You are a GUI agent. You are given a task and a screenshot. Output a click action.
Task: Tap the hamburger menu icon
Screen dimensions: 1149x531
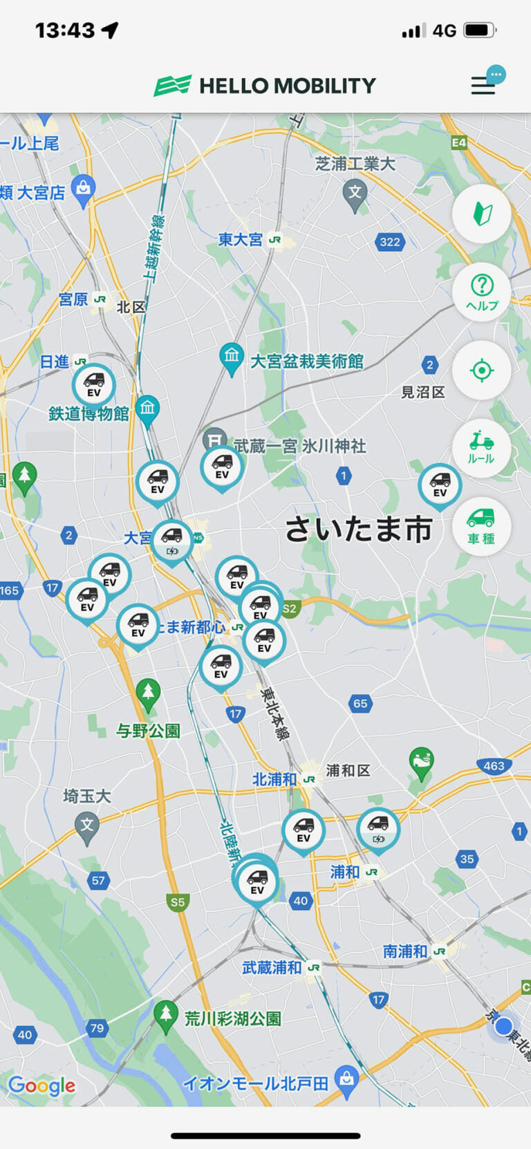coord(483,85)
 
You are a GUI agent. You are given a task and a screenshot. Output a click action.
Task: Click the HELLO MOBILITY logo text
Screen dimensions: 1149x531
coord(287,86)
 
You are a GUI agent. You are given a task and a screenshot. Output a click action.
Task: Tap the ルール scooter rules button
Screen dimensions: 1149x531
coord(481,447)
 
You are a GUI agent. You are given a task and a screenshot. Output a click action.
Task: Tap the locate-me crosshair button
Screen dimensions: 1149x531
coord(481,370)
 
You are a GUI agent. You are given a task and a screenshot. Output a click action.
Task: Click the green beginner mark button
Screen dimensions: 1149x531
coord(481,214)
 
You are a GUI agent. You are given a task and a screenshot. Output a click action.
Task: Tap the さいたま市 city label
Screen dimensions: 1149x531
coord(358,530)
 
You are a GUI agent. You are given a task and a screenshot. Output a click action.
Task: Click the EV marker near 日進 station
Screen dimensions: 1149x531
coord(93,384)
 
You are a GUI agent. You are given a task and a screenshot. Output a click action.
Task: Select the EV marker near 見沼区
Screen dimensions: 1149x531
coord(440,485)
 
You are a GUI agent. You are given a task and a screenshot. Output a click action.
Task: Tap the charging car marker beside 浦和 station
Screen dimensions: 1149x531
coord(378,829)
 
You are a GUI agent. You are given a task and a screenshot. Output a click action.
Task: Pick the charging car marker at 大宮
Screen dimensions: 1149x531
coord(172,541)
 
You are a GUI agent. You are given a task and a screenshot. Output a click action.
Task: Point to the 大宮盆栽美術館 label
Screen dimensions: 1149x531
coord(306,362)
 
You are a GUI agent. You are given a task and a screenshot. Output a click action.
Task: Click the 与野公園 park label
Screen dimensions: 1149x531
coord(148,731)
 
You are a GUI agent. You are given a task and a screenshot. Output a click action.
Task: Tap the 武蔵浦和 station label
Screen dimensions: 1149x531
coord(272,968)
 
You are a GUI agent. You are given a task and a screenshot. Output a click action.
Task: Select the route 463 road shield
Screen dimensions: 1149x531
coord(494,765)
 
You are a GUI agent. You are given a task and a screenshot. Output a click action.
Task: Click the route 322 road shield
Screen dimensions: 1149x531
coord(390,242)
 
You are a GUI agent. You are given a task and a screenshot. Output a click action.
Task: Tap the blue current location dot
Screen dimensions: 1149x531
coord(504,1025)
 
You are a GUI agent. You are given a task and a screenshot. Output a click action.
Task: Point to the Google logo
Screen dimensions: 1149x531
coord(42,1086)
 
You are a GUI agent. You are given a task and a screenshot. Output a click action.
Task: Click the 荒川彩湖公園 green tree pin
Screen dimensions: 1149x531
coord(165,1015)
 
